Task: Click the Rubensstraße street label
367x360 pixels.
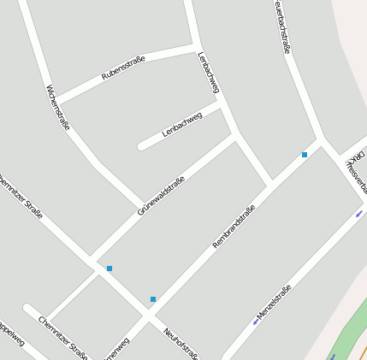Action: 123,68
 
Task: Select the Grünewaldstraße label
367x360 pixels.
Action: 160,196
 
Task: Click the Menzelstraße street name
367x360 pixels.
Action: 274,302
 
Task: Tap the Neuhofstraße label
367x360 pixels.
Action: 181,343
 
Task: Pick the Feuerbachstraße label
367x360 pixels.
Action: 282,26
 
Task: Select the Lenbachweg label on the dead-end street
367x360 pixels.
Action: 181,124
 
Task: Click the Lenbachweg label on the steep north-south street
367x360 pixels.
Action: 209,73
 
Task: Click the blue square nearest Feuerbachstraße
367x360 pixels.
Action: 305,155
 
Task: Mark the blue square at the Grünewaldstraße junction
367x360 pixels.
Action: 110,269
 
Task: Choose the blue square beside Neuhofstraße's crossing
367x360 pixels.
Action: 153,299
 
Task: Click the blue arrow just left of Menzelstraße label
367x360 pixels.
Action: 255,322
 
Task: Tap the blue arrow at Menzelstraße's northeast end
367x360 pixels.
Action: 359,213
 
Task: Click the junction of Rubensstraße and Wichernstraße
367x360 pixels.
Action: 58,99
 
